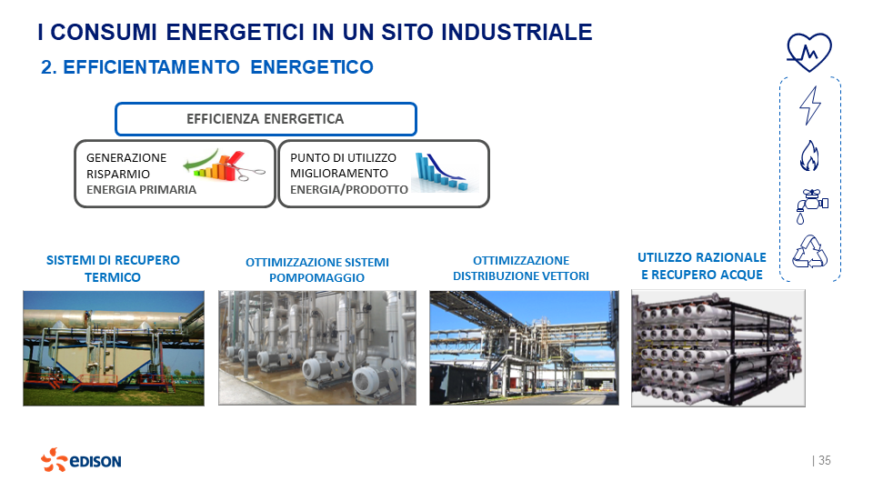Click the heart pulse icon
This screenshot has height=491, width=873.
click(x=808, y=53)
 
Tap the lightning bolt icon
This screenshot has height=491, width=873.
click(x=809, y=105)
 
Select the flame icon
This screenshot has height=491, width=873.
click(x=809, y=155)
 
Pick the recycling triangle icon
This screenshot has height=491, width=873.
click(x=809, y=252)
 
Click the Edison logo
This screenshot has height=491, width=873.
click(x=81, y=460)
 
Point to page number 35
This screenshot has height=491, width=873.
click(x=824, y=460)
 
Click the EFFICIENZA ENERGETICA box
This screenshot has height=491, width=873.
click(x=265, y=119)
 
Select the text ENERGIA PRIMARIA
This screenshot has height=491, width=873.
click(x=141, y=190)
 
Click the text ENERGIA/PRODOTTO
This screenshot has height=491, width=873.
click(x=349, y=190)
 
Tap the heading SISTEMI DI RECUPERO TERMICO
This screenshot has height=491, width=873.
click(x=113, y=268)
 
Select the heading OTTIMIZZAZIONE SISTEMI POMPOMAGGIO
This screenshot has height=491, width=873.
click(x=316, y=270)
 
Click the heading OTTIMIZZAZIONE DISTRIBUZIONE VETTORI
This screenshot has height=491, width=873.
click(x=521, y=268)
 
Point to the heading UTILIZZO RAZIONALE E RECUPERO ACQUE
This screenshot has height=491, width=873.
click(x=702, y=266)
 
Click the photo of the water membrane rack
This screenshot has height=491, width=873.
click(x=717, y=346)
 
